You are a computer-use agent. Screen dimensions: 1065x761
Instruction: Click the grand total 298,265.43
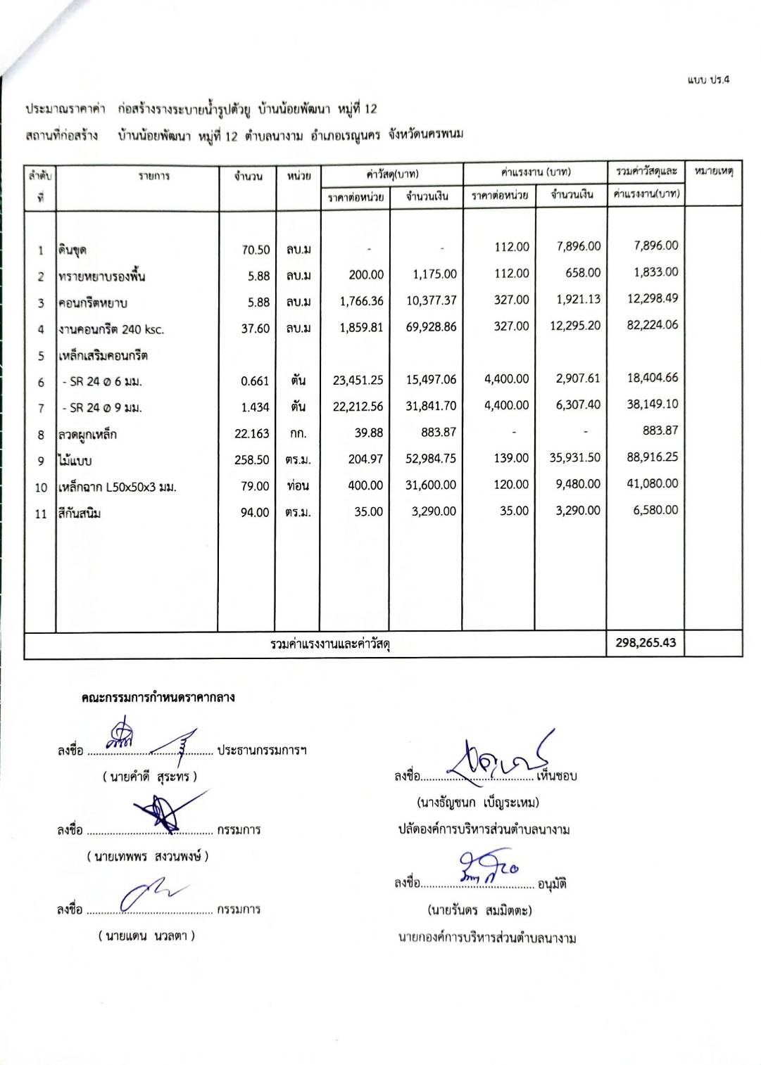tap(645, 642)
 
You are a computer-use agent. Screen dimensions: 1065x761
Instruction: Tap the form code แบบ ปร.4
tap(708, 79)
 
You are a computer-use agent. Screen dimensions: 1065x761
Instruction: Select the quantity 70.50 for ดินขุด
tap(255, 250)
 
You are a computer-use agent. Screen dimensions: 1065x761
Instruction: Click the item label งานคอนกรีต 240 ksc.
tap(111, 329)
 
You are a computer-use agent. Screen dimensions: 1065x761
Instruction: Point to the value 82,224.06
tap(652, 325)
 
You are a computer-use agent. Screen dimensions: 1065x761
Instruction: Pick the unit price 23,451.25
tap(358, 381)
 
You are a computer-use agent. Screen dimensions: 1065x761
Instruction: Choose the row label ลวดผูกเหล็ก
tap(87, 435)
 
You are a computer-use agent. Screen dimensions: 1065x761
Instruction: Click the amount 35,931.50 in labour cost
tap(574, 458)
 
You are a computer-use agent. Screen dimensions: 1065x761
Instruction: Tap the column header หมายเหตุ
tap(713, 172)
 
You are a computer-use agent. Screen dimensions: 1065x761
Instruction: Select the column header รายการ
tap(153, 177)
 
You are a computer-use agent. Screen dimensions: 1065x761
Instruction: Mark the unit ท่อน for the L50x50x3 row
tap(298, 486)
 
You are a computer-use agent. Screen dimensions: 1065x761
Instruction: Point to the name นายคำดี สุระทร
tap(149, 777)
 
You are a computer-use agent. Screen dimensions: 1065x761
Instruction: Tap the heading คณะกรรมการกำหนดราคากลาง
tap(158, 698)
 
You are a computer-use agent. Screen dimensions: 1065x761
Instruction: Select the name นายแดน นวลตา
tap(146, 936)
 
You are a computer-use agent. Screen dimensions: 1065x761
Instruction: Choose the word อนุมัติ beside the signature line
tap(552, 884)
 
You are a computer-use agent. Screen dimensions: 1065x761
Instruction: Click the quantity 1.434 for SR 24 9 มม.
tap(255, 408)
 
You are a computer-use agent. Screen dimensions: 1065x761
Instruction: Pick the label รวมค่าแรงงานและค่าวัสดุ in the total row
tap(330, 644)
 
